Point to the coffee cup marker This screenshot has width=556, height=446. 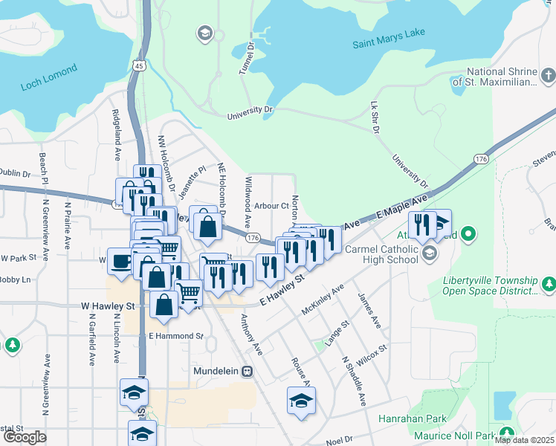pyautogui.click(x=120, y=259)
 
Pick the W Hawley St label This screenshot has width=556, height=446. pyautogui.click(x=107, y=306)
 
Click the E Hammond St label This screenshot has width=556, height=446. pyautogui.click(x=175, y=336)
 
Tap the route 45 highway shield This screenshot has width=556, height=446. pyautogui.click(x=140, y=66)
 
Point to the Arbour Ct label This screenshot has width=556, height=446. pyautogui.click(x=271, y=205)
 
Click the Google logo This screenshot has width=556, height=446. pyautogui.click(x=25, y=437)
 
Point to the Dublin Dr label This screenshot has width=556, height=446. pyautogui.click(x=15, y=174)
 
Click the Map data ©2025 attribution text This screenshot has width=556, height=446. pyautogui.click(x=523, y=440)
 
